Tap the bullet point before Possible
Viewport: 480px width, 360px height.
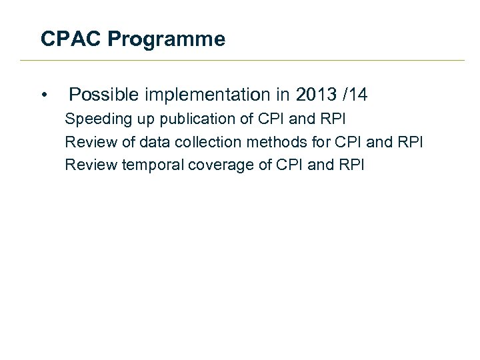click(43, 96)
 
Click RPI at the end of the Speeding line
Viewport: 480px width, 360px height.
click(332, 119)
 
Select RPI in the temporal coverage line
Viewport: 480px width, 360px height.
click(351, 164)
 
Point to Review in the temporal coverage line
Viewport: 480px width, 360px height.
click(91, 164)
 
